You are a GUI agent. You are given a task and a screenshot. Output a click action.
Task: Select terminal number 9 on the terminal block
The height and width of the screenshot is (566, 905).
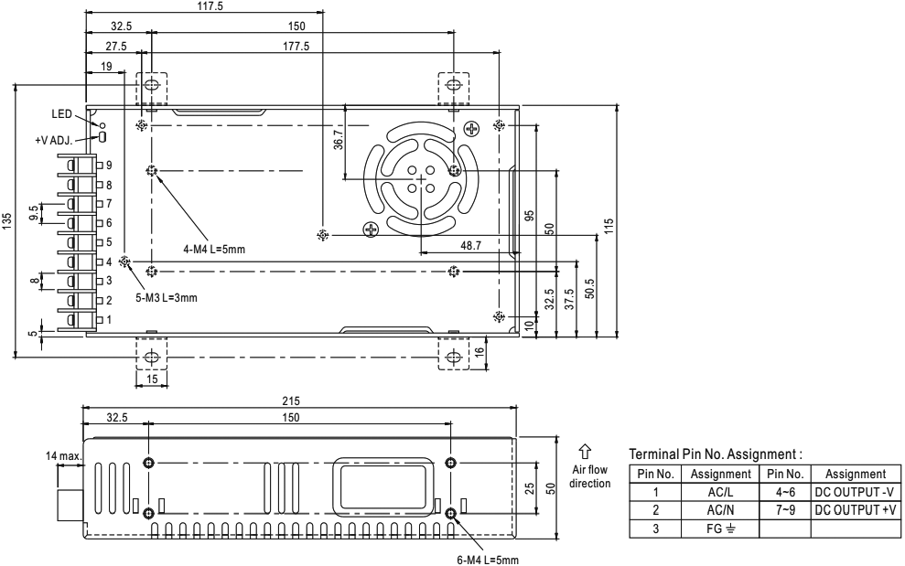pyautogui.click(x=109, y=166)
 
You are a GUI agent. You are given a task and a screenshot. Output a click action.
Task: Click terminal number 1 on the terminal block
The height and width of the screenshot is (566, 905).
pyautogui.click(x=109, y=320)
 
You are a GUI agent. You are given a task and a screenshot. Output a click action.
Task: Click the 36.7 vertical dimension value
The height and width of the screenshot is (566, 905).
pyautogui.click(x=339, y=138)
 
